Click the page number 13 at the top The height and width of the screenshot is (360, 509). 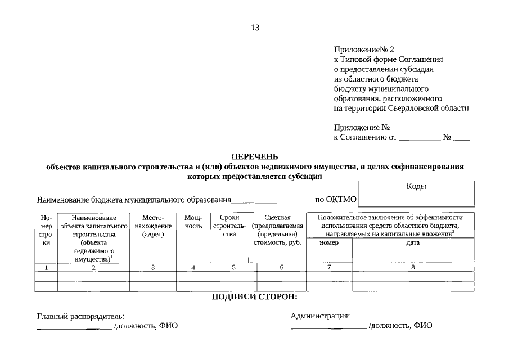pyautogui.click(x=255, y=28)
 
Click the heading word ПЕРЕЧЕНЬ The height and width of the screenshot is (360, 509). pyautogui.click(x=255, y=156)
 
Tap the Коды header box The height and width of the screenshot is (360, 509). pyautogui.click(x=416, y=187)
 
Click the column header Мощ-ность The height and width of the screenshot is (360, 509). pyautogui.click(x=193, y=222)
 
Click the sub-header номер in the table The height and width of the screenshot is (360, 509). pyautogui.click(x=329, y=243)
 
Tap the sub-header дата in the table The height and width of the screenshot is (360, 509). pyautogui.click(x=413, y=243)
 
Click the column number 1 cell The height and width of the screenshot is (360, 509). pyautogui.click(x=46, y=268)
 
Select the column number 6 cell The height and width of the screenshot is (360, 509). pyautogui.click(x=281, y=268)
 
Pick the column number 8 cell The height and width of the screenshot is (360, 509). pyautogui.click(x=413, y=268)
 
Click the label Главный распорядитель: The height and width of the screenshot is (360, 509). pyautogui.click(x=81, y=316)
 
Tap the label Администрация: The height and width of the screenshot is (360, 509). pyautogui.click(x=320, y=316)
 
